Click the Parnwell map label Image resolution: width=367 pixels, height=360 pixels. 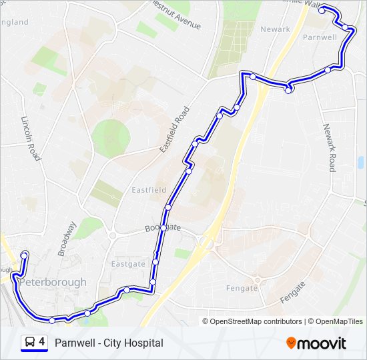pos(320,37)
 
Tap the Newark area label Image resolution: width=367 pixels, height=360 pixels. pos(275,29)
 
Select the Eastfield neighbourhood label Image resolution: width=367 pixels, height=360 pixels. pos(148,190)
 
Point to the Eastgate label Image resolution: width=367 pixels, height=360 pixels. pos(128,264)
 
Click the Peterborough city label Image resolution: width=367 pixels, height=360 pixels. pos(53,282)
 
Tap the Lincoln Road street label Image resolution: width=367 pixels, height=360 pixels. pos(31,139)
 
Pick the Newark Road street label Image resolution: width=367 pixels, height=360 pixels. pos(329,147)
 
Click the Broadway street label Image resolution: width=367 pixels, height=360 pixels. pos(67,239)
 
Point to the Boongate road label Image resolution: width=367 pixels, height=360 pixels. pos(163,228)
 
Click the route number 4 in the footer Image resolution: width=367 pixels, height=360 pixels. pos(42,343)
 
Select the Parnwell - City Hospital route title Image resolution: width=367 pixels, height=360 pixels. pos(109,343)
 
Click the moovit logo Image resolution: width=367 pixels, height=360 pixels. pos(316,343)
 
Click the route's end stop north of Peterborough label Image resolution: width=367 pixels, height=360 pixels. pos(25,254)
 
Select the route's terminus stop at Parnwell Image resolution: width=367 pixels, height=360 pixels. pos(322,10)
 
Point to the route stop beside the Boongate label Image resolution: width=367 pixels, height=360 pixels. pos(163,228)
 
